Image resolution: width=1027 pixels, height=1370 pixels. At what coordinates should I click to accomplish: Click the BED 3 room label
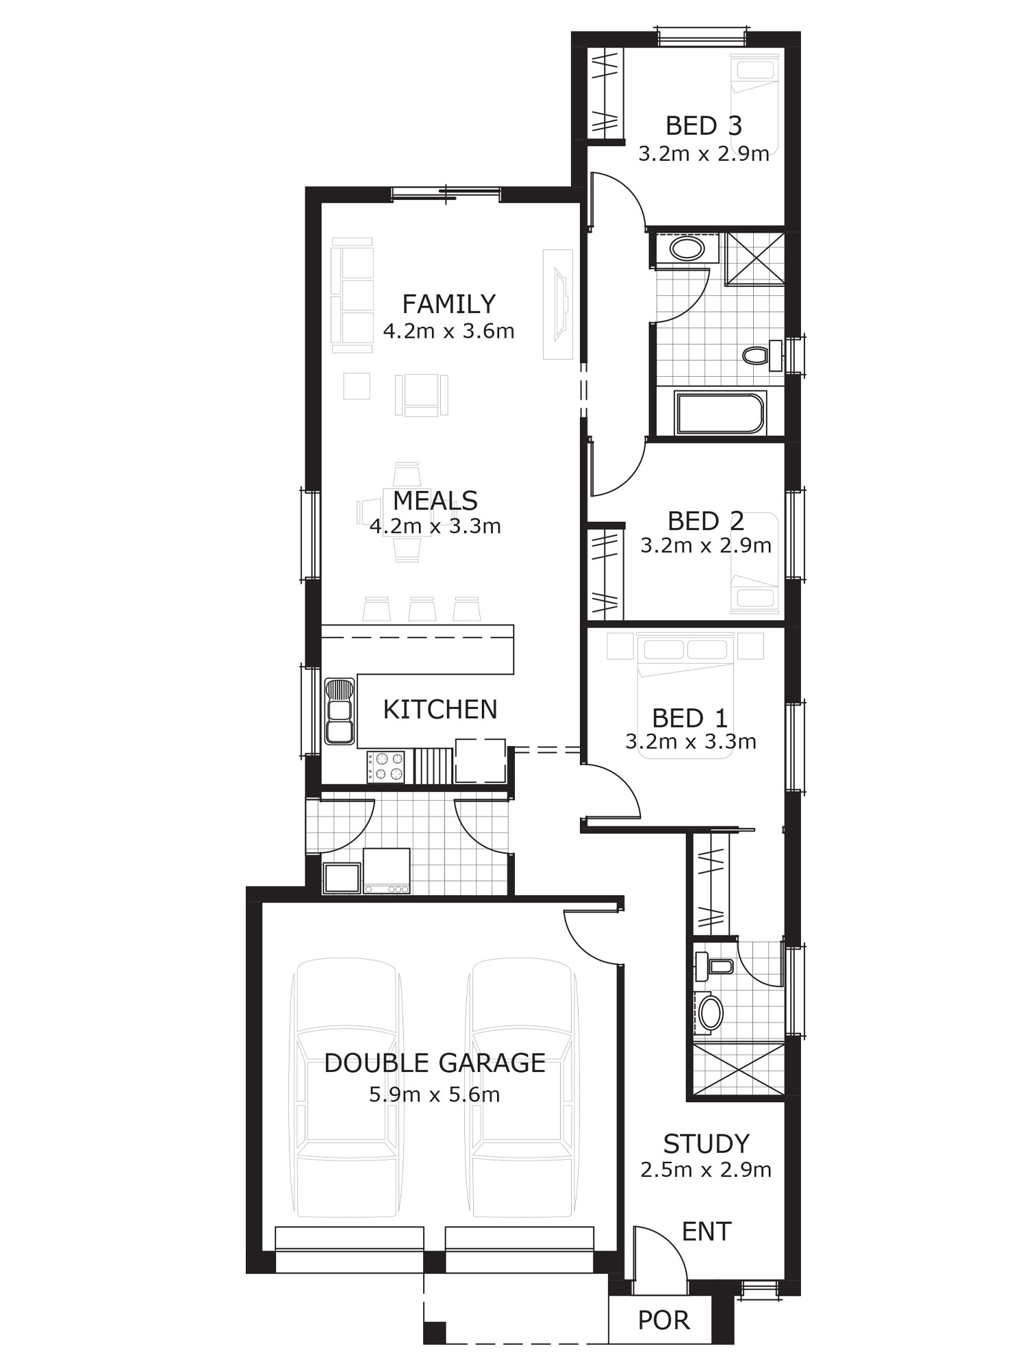pyautogui.click(x=704, y=125)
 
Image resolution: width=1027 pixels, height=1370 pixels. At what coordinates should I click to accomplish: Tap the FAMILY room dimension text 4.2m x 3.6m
pyautogui.click(x=448, y=332)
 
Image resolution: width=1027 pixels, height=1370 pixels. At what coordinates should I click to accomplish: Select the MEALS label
pyautogui.click(x=435, y=501)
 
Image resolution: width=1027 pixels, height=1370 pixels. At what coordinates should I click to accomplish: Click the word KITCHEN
pyautogui.click(x=440, y=710)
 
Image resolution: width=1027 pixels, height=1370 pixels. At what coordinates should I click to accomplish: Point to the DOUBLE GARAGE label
pyautogui.click(x=435, y=1063)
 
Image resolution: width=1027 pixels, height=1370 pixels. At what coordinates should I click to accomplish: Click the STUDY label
pyautogui.click(x=707, y=1144)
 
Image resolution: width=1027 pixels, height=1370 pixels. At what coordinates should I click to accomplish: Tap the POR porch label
pyautogui.click(x=663, y=1320)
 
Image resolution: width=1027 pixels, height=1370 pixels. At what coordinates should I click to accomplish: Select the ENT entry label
pyautogui.click(x=707, y=1232)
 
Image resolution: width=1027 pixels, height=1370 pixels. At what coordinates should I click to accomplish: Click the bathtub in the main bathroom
pyautogui.click(x=720, y=412)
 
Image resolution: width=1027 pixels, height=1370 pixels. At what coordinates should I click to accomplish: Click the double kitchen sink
pyautogui.click(x=340, y=711)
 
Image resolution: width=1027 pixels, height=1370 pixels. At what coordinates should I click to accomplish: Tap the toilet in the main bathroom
pyautogui.click(x=762, y=355)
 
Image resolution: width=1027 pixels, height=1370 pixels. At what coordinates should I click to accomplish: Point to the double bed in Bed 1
pyautogui.click(x=685, y=695)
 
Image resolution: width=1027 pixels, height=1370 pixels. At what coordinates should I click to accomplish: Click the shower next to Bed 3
pyautogui.click(x=755, y=259)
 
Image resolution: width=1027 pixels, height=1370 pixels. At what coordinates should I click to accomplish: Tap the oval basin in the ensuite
pyautogui.click(x=710, y=1014)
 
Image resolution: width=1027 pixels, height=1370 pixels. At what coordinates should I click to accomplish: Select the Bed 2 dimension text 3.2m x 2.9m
pyautogui.click(x=706, y=545)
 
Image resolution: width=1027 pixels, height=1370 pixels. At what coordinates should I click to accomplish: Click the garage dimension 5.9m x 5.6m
pyautogui.click(x=435, y=1095)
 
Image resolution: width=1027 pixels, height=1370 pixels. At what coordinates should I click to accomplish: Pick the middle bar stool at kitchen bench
pyautogui.click(x=422, y=609)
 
